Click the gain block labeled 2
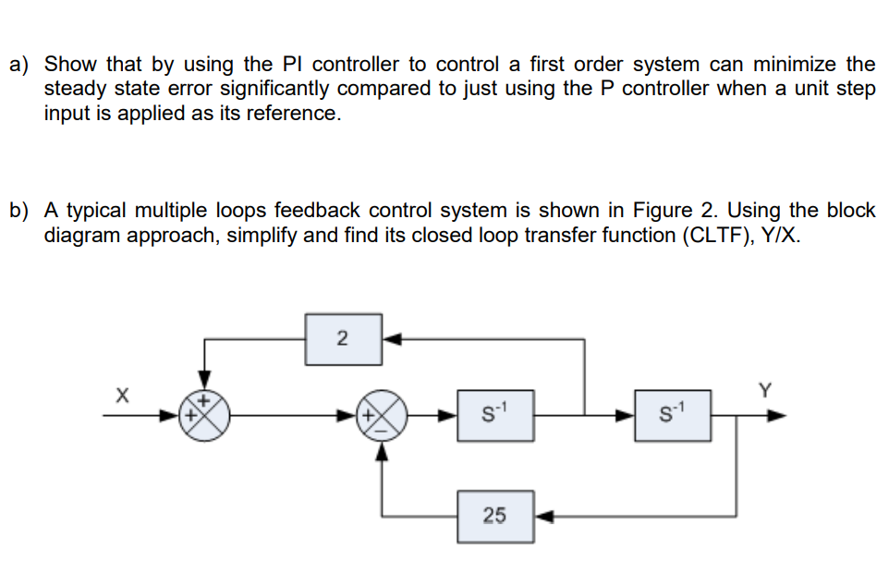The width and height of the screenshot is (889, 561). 341,339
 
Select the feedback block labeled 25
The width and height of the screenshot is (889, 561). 494,516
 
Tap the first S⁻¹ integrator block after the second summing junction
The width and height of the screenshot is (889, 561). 496,415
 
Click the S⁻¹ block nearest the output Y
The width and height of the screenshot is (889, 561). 671,415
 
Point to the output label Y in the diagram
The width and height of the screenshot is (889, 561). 764,390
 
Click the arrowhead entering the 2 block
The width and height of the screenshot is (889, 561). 390,339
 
